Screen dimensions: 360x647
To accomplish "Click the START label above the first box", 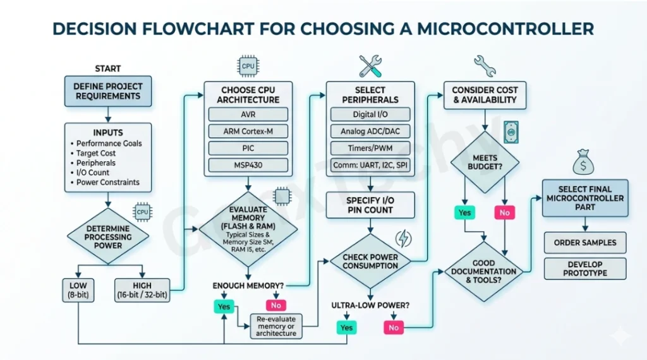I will (x=107, y=68).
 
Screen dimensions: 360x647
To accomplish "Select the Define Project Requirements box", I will (x=108, y=91).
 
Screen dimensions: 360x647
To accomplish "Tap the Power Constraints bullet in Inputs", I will (x=107, y=183).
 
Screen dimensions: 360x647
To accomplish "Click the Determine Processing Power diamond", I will (x=108, y=236).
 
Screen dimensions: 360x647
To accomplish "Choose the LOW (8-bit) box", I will (x=78, y=291).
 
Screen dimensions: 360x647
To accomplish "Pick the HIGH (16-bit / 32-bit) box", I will (x=142, y=291).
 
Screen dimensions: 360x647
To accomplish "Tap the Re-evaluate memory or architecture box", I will (x=276, y=326).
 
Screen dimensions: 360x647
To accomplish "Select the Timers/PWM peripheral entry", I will (x=371, y=149).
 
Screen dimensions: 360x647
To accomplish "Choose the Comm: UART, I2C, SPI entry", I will (x=371, y=166).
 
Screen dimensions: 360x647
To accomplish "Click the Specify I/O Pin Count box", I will (x=370, y=205).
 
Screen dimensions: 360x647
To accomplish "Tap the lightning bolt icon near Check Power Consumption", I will (x=402, y=239).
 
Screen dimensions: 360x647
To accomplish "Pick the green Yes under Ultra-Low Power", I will (x=347, y=327).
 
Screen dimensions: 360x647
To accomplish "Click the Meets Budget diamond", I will (x=485, y=162).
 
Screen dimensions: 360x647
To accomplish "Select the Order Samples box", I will (x=585, y=243).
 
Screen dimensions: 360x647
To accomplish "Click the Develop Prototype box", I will (x=585, y=268).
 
